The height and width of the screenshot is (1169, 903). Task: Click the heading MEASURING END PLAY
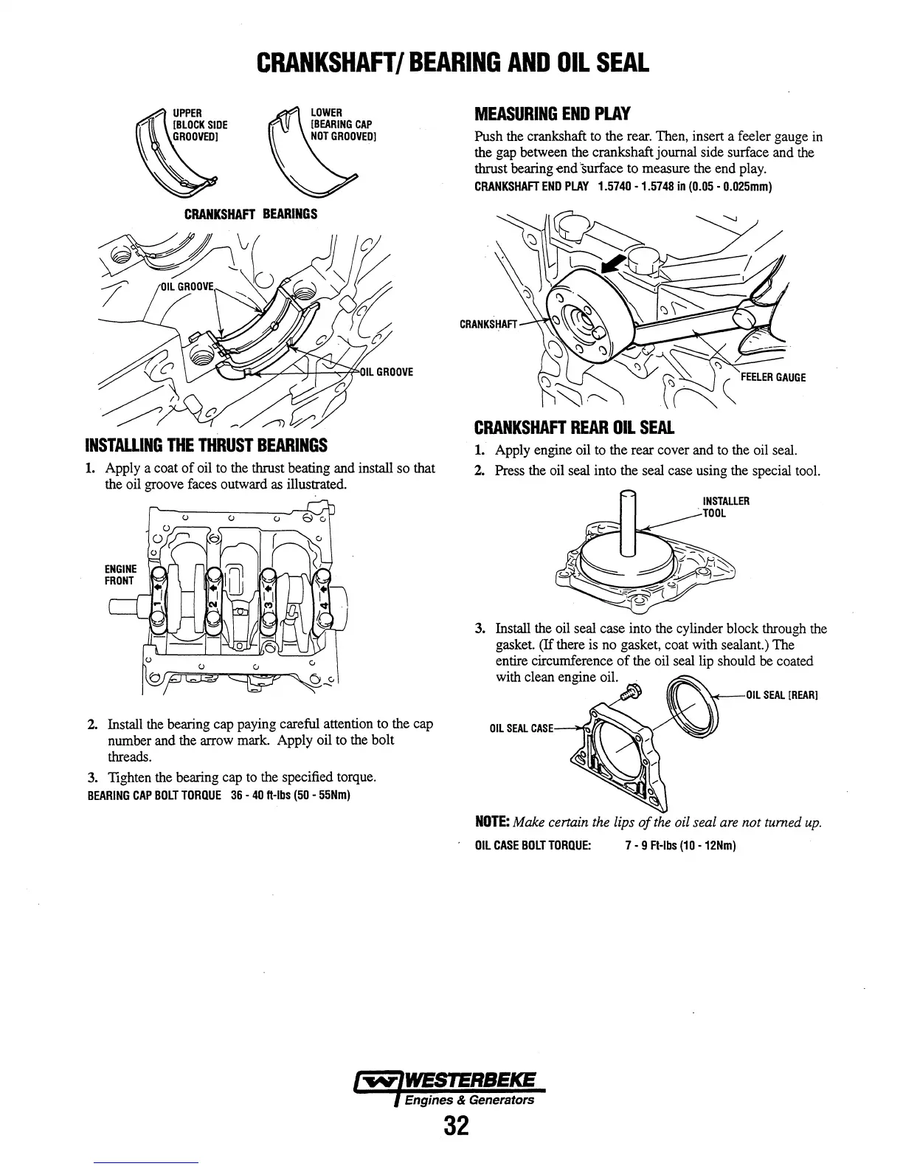click(x=552, y=114)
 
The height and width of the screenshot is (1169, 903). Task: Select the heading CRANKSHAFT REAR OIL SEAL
click(x=574, y=428)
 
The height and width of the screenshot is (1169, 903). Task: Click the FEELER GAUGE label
click(x=773, y=377)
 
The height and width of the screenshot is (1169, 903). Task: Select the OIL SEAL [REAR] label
click(x=783, y=695)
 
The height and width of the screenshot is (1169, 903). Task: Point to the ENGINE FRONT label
click(x=120, y=574)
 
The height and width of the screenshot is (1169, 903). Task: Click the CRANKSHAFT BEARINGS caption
click(x=250, y=214)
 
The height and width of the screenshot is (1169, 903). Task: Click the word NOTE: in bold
click(x=491, y=822)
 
